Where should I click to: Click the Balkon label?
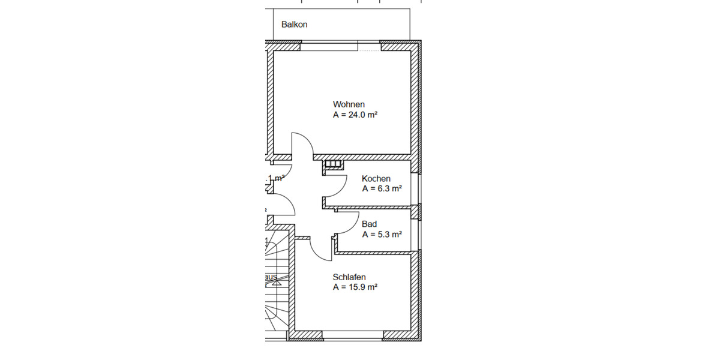coord(294,25)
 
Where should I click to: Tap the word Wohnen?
coord(349,104)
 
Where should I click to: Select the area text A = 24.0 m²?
coord(355,114)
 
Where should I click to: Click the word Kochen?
coord(376,179)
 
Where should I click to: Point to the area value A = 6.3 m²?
coord(382,188)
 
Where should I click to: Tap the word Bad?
coord(369,224)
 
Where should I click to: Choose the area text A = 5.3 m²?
coord(382,235)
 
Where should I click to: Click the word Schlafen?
coord(349,277)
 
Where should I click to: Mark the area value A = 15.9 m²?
coord(355,287)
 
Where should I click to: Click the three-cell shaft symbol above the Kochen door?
coord(332,163)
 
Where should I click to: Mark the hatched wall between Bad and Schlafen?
coord(375,253)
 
